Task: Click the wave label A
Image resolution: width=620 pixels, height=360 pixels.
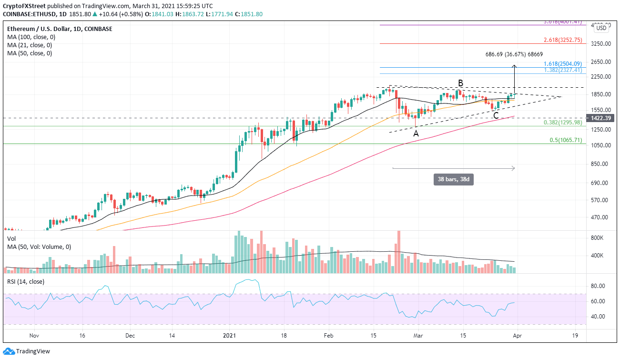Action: [x=416, y=134]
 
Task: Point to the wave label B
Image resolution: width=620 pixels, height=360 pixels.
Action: [x=460, y=83]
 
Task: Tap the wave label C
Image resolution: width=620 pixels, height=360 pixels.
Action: [x=496, y=115]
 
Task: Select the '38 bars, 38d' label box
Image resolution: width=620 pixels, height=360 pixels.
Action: [x=453, y=180]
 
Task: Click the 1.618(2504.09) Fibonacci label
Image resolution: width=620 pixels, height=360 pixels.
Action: [x=564, y=63]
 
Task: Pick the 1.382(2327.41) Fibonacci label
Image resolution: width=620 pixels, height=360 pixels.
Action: [x=564, y=70]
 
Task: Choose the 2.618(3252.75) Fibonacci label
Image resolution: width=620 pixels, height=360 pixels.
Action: [x=564, y=40]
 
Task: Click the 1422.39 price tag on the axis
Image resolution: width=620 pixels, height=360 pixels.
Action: [x=601, y=118]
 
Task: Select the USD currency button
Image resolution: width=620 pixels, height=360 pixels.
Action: [x=601, y=28]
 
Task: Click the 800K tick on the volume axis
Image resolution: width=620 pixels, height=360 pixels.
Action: [x=598, y=237]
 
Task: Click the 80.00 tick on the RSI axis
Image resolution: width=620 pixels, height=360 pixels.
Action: [x=598, y=286]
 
